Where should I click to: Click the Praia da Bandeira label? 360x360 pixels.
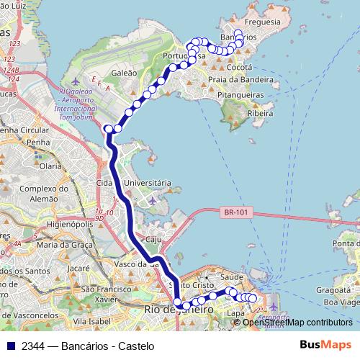click(x=240, y=79)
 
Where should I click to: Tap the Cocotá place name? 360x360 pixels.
click(x=239, y=66)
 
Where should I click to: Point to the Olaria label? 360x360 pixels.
click(x=51, y=166)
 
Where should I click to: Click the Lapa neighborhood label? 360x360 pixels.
click(x=235, y=313)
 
